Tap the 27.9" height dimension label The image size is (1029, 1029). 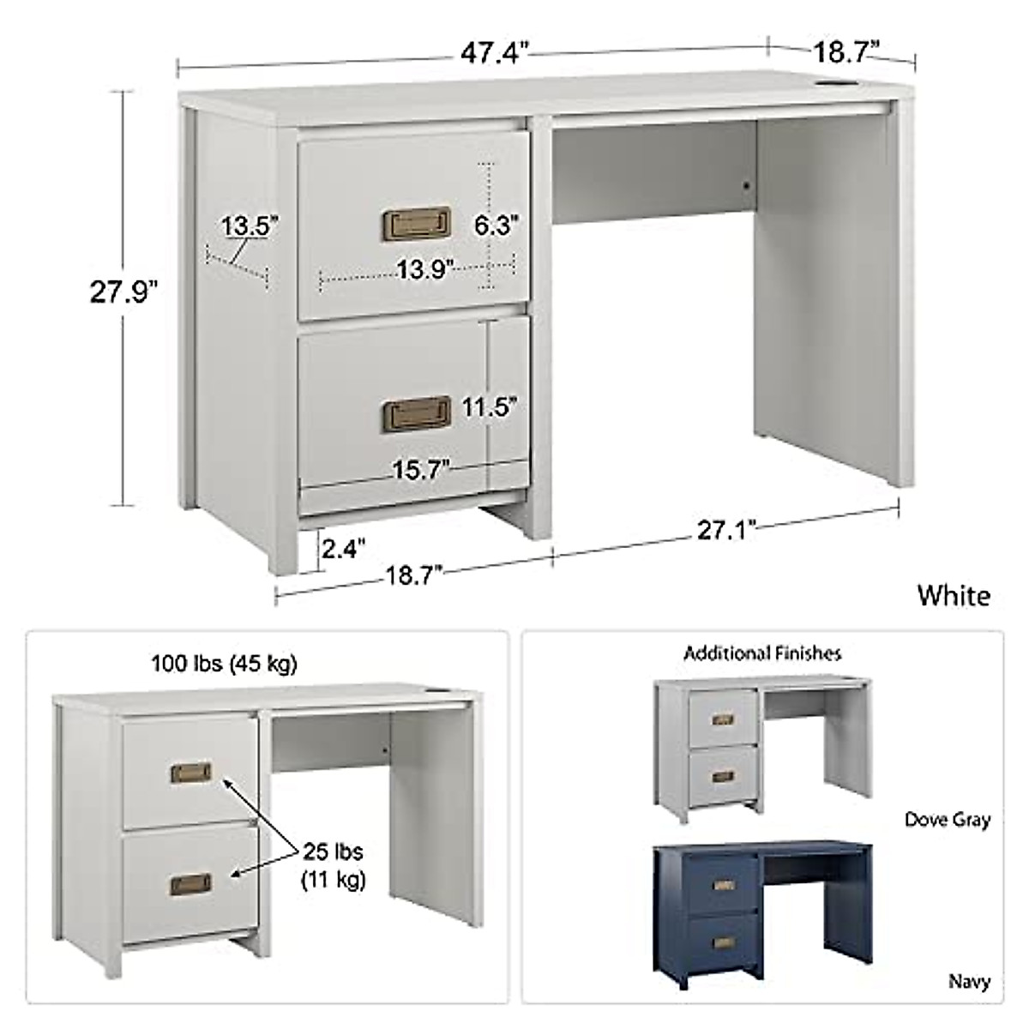(125, 292)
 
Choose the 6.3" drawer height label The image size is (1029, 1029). (497, 226)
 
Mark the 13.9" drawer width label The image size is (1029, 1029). (424, 270)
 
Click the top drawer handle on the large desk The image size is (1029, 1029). (415, 222)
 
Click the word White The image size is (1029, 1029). (954, 595)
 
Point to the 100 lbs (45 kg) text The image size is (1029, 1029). (225, 664)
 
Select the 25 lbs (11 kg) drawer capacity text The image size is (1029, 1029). (332, 865)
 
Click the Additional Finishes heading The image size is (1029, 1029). (762, 653)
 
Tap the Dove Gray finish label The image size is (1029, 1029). (948, 820)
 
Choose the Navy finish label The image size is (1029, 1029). (969, 981)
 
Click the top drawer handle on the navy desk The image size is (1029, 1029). (725, 885)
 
